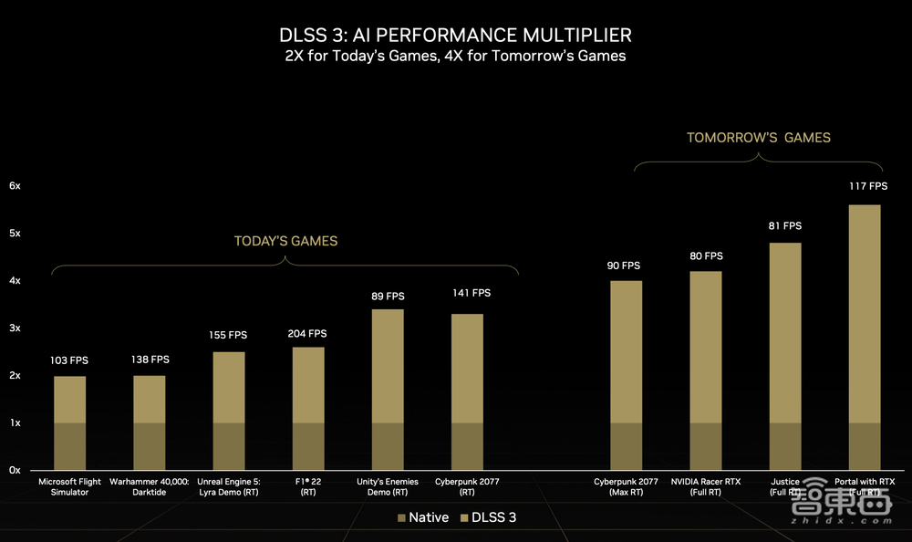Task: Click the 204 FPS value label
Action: pos(308,334)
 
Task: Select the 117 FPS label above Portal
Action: pos(868,186)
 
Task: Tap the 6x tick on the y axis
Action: pos(15,185)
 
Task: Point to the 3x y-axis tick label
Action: pos(15,328)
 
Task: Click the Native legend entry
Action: pos(423,517)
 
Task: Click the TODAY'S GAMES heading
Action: pos(285,242)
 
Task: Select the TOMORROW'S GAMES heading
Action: pos(759,138)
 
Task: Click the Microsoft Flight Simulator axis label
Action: pos(69,486)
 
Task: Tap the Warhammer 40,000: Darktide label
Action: pos(149,486)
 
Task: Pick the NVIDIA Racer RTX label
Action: pos(706,486)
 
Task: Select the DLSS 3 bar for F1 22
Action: pos(308,384)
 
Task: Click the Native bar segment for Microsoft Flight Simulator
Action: pos(69,446)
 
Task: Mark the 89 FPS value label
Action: pos(389,296)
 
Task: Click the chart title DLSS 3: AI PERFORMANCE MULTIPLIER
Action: pos(455,35)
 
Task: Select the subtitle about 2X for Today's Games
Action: pos(455,56)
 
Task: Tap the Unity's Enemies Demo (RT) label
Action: pos(389,486)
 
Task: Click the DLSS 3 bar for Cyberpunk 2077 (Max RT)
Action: pos(626,351)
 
